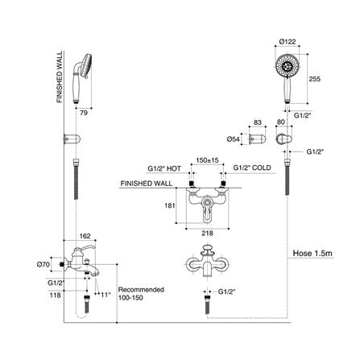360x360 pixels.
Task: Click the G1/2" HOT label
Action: tap(164, 169)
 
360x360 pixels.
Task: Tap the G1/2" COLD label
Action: tap(251, 169)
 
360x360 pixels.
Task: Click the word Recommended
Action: tap(140, 289)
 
